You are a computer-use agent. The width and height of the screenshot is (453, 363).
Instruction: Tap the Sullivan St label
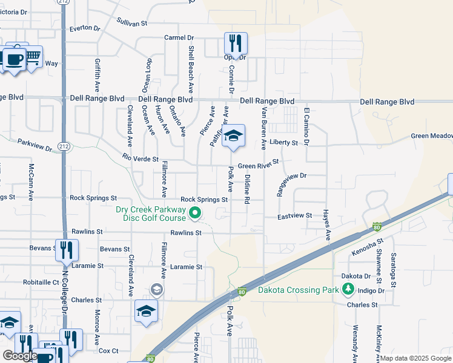coord(132,23)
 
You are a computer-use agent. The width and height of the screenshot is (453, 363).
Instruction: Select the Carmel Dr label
coord(179,38)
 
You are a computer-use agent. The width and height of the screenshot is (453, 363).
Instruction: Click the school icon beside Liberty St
coord(233,137)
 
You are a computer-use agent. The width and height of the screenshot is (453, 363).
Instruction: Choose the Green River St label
coord(258,165)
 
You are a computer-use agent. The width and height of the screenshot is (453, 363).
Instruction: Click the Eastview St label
coord(294,215)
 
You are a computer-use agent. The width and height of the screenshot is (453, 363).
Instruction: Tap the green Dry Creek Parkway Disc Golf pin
coord(195,212)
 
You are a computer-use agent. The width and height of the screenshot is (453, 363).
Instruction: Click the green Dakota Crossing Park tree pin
coord(348,290)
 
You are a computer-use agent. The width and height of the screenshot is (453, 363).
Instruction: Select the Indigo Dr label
coord(371,290)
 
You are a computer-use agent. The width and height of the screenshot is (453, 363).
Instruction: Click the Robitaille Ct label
coord(41,282)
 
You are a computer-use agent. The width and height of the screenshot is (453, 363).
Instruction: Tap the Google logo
coord(19,356)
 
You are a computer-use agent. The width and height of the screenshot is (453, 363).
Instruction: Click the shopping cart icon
coord(33,57)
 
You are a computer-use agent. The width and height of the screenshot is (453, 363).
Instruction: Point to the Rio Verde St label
coord(140,159)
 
